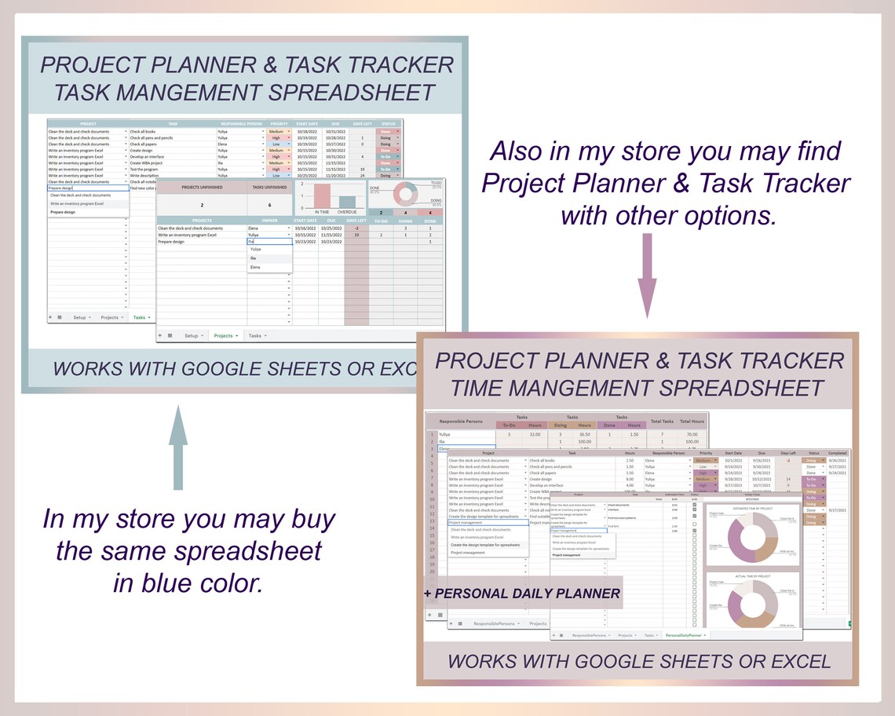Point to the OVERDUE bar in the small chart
tap(347, 203)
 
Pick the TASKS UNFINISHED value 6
tap(258, 203)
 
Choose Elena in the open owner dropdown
tap(256, 267)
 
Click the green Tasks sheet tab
tap(141, 317)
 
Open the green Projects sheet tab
tap(225, 335)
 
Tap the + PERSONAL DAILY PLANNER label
tap(522, 594)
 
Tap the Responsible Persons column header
tap(462, 422)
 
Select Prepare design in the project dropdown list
tap(63, 212)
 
